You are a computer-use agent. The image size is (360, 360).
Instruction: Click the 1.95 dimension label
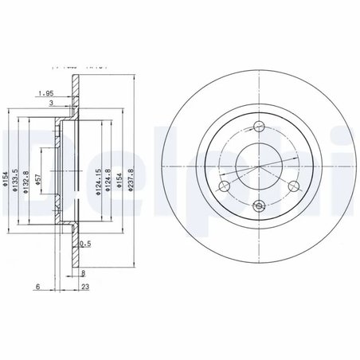(45, 93)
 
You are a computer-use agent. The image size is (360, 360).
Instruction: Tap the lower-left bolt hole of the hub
(224, 186)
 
